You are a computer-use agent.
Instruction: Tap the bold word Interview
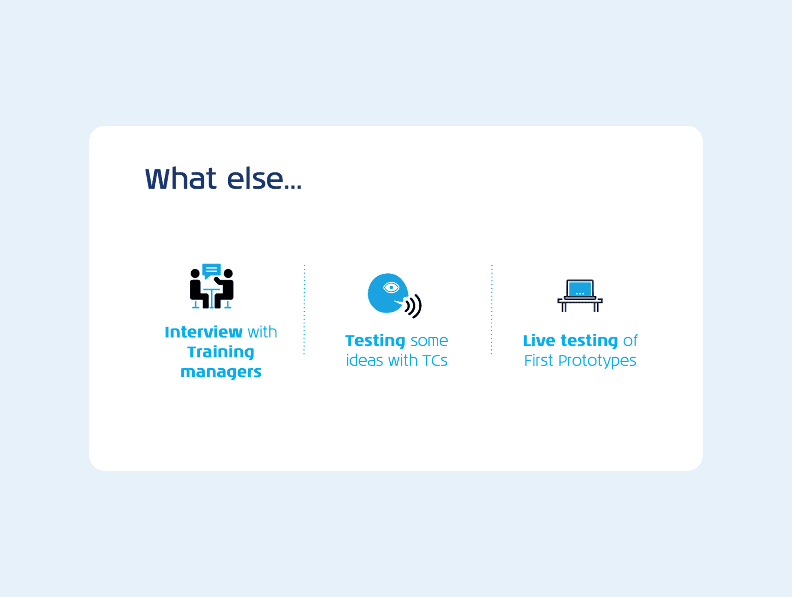click(x=204, y=332)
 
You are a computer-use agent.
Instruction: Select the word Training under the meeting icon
click(x=221, y=352)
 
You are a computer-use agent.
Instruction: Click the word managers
click(x=221, y=372)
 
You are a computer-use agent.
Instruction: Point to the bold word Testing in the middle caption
click(x=375, y=341)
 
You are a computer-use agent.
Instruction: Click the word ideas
click(x=364, y=360)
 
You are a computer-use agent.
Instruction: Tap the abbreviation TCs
click(x=435, y=360)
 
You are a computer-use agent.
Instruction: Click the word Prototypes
click(x=597, y=361)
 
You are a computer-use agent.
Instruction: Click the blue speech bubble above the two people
click(x=211, y=271)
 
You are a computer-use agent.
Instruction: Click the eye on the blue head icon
click(x=391, y=288)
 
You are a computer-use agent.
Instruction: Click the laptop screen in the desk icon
click(x=580, y=289)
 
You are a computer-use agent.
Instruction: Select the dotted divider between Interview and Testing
click(x=304, y=309)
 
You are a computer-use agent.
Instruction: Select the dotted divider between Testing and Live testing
click(x=492, y=309)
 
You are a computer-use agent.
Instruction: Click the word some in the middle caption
click(x=429, y=341)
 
